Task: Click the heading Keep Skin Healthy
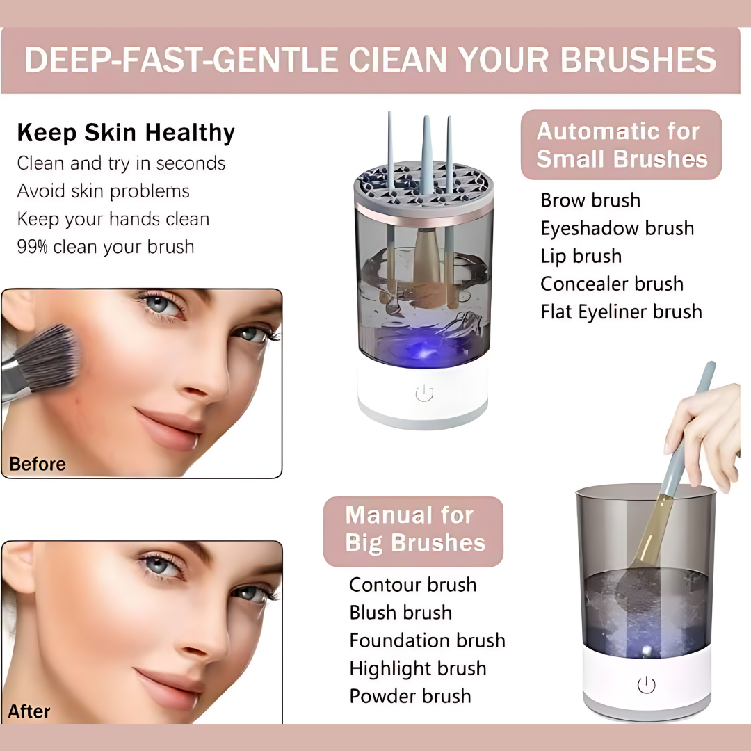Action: (126, 133)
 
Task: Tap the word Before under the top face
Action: (38, 464)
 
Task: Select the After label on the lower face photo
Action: (29, 711)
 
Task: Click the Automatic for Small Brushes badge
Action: (621, 145)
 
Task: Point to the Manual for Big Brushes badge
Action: (414, 529)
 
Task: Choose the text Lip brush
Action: (581, 256)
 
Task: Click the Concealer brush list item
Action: (612, 284)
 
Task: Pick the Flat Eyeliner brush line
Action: (621, 312)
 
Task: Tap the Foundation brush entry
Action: (427, 640)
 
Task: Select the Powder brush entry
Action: (410, 696)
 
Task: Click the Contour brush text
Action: (412, 585)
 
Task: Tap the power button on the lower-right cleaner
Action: (646, 685)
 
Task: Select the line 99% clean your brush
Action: (106, 247)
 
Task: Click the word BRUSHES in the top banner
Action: (638, 60)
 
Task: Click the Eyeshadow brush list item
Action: (617, 228)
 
